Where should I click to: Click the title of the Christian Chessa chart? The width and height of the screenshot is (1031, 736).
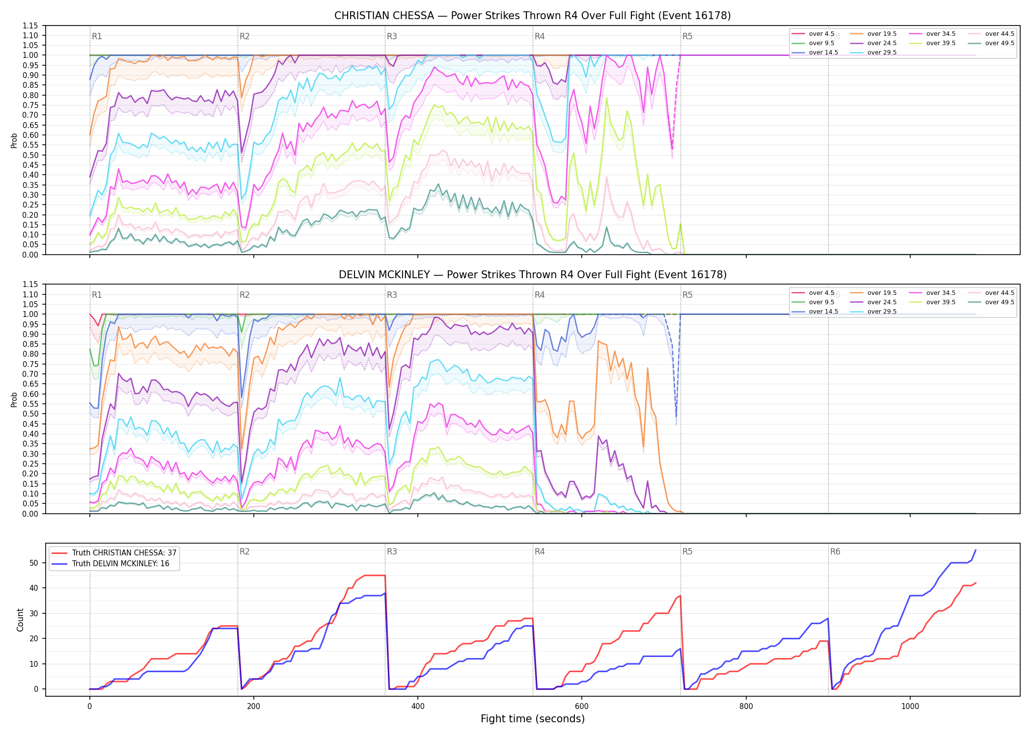532,16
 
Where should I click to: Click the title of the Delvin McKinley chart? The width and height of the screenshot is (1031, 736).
532,275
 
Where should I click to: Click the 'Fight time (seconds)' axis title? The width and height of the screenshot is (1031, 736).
533,719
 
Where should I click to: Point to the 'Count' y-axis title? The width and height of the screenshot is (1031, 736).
20,620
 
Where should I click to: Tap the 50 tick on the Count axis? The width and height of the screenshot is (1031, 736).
33,563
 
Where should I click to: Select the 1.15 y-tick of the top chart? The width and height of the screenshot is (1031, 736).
30,26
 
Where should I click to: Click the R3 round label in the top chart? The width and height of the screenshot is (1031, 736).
392,36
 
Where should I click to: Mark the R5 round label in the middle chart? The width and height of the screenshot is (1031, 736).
687,295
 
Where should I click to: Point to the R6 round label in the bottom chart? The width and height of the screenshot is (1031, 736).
835,552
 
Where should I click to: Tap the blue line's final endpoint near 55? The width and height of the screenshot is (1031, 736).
976,550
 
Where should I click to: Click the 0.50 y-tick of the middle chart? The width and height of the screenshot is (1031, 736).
30,414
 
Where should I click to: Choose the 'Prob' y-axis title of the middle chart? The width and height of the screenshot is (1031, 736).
14,399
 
